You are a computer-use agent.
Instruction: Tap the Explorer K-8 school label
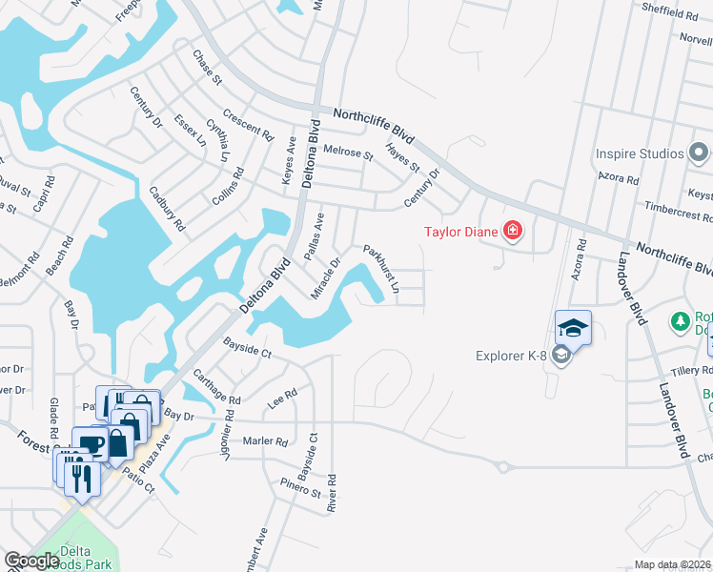point(515,357)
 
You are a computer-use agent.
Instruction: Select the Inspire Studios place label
point(640,153)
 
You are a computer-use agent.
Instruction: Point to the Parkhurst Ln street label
point(380,268)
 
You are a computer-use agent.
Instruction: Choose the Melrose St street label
point(348,153)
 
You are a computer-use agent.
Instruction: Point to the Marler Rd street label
point(265,441)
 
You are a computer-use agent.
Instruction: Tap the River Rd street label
point(332,494)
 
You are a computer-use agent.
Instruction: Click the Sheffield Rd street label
point(670,14)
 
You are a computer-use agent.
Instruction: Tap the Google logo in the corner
point(31,561)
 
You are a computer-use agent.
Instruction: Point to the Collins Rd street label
point(229,187)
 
